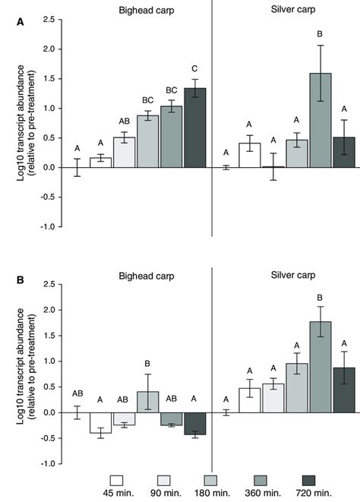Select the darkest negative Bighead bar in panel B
point(195,424)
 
